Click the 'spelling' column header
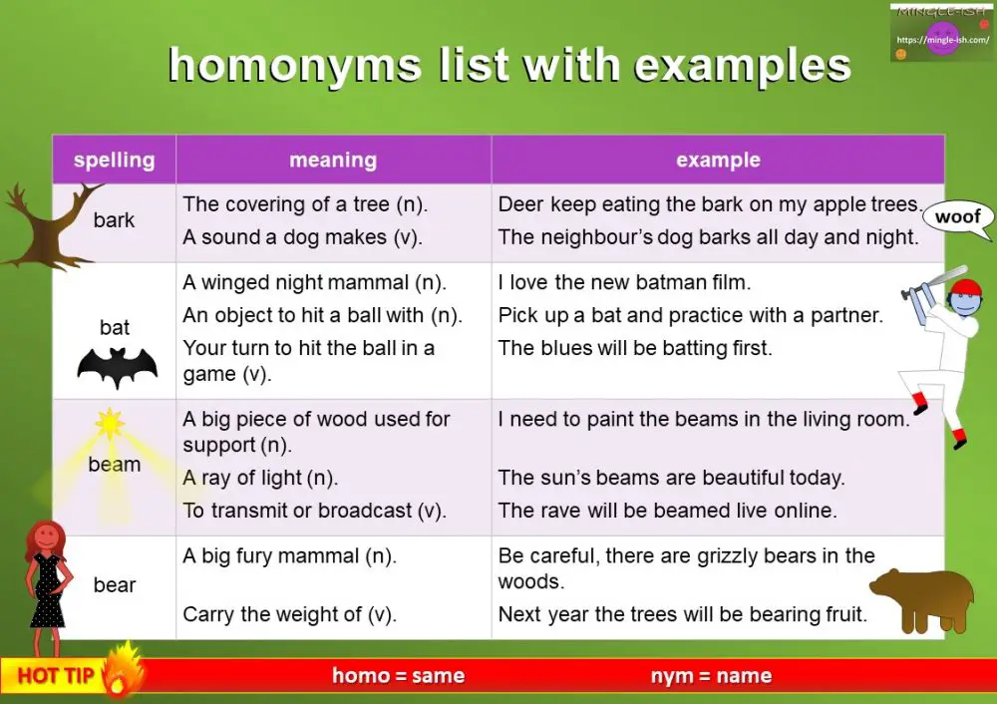click(114, 160)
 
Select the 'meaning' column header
click(333, 160)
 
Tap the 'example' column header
click(718, 160)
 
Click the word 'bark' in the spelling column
click(114, 220)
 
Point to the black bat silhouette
click(118, 368)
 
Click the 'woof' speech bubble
click(959, 217)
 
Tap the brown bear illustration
click(922, 598)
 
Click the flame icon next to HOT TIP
click(122, 670)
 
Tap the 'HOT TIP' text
click(55, 676)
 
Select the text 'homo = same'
click(399, 676)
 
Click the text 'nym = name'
click(711, 676)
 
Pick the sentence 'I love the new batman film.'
click(624, 282)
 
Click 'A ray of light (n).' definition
click(260, 478)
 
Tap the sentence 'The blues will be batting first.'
click(635, 348)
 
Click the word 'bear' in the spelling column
click(114, 585)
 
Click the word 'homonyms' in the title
click(295, 66)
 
